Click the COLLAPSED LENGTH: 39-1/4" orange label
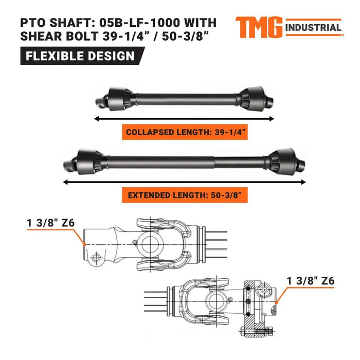coord(185,132)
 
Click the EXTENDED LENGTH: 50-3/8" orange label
coord(185,195)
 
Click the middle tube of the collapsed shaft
coord(185,96)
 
